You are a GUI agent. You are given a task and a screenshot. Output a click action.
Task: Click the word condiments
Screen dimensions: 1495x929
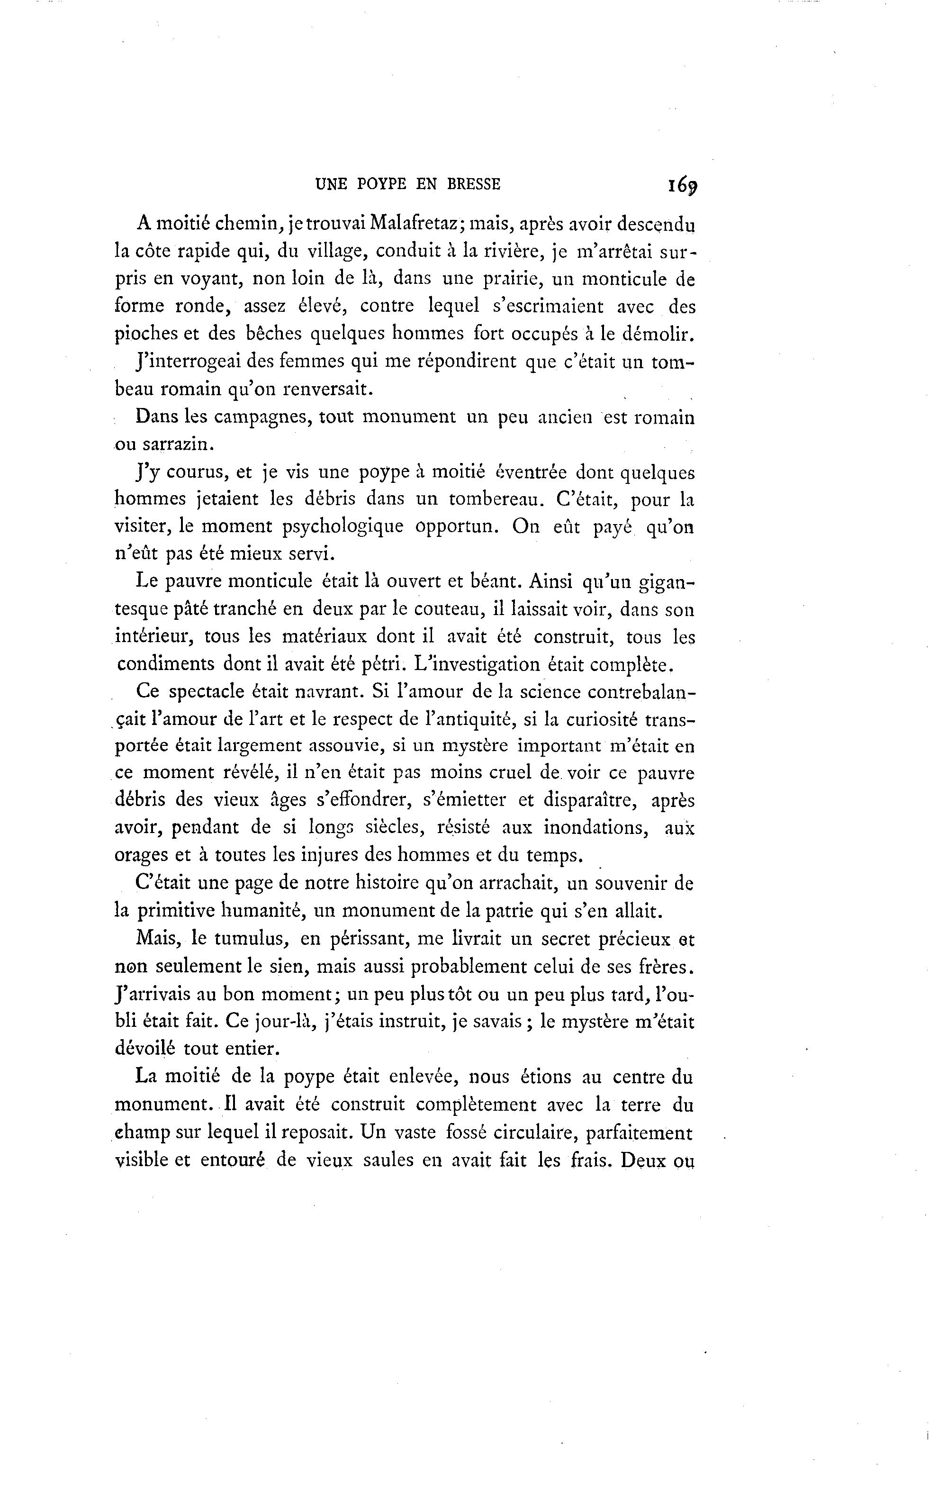[x=166, y=665]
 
